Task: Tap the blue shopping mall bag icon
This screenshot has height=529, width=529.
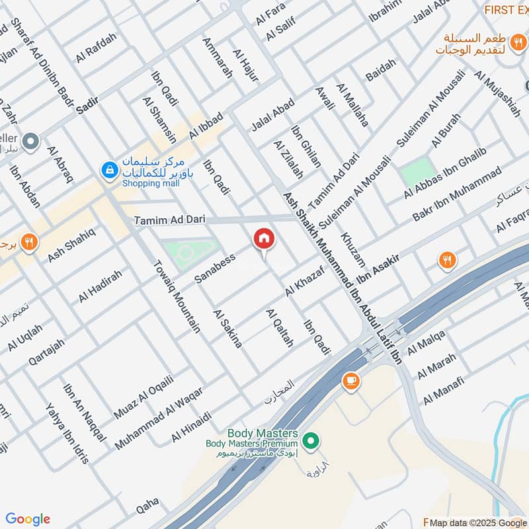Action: click(x=108, y=171)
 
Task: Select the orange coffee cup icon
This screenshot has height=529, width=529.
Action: click(x=349, y=381)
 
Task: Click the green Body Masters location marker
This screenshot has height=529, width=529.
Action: click(x=309, y=438)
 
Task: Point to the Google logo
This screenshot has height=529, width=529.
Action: click(x=28, y=519)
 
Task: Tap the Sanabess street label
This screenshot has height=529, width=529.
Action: click(x=215, y=268)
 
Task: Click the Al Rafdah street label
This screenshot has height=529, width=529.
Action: click(x=96, y=47)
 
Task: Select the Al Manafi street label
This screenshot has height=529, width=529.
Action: click(x=444, y=389)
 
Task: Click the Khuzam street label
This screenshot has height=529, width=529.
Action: click(x=352, y=249)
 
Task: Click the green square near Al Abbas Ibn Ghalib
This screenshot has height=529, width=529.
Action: click(x=418, y=173)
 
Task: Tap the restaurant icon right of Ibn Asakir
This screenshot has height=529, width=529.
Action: click(x=448, y=261)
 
